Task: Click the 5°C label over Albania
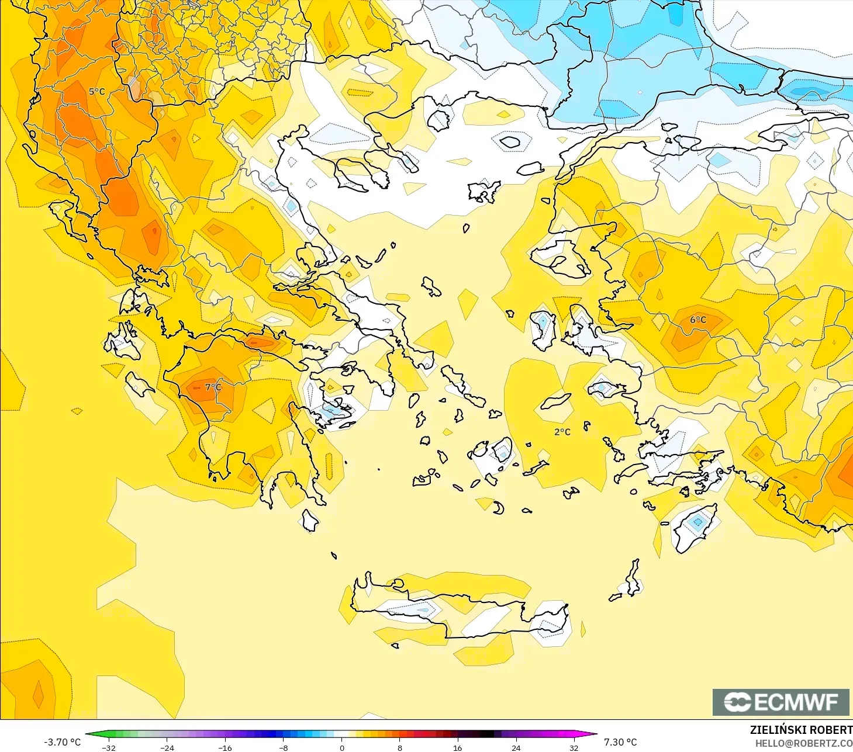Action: coord(97,92)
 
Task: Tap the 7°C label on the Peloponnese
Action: coord(213,387)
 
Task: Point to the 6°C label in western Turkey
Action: coord(698,320)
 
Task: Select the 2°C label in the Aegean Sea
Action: coord(562,432)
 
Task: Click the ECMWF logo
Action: coord(781,702)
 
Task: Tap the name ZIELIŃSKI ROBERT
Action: coord(801,730)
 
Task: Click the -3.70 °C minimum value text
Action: coord(62,742)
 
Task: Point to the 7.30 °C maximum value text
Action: coord(620,742)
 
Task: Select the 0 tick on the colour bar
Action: coord(341,747)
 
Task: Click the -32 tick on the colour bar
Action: coord(109,747)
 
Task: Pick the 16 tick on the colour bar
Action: coord(458,747)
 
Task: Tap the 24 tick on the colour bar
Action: coord(516,747)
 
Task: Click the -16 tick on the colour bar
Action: coord(225,747)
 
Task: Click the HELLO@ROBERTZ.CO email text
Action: coord(804,743)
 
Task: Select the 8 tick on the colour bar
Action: coord(399,747)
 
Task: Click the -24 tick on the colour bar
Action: coord(167,747)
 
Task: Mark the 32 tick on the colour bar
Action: coord(574,747)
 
